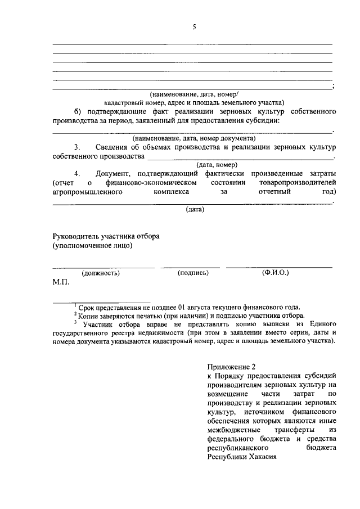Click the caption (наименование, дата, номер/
[194, 94]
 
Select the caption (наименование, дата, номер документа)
[194, 138]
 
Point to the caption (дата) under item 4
[195, 210]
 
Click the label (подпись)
[193, 273]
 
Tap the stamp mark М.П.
[61, 282]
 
